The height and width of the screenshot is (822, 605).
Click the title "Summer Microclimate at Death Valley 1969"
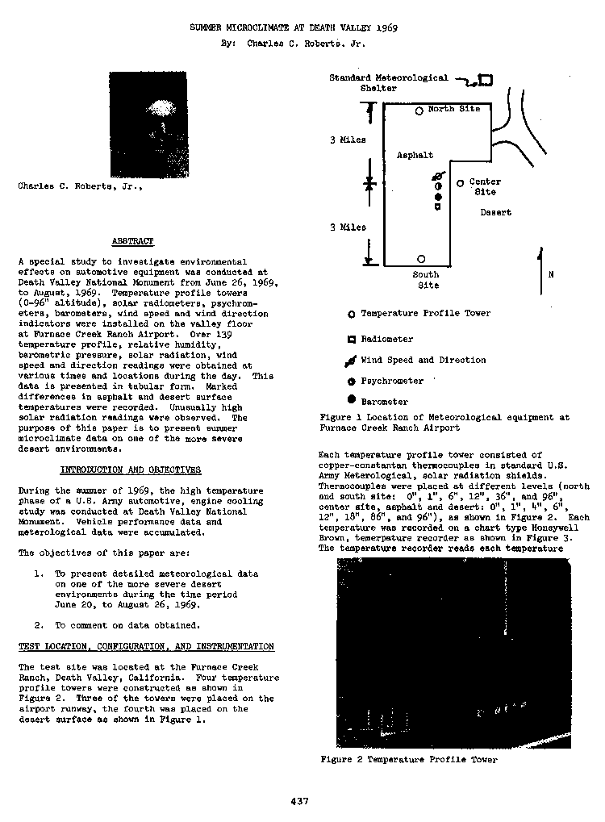(x=294, y=27)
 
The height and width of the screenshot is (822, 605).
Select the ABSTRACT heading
(x=132, y=241)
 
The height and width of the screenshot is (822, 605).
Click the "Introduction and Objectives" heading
(x=131, y=469)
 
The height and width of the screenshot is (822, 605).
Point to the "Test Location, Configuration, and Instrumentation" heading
(x=146, y=646)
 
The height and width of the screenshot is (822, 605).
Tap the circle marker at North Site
(x=419, y=111)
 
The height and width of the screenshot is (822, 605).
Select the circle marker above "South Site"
(x=421, y=259)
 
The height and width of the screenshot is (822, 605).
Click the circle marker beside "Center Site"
(x=460, y=183)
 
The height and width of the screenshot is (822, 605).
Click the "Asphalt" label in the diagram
(x=415, y=155)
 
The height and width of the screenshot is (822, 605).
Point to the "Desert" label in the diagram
(x=495, y=213)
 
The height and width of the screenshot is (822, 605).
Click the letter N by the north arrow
(x=551, y=274)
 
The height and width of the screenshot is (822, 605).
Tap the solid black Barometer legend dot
(x=351, y=400)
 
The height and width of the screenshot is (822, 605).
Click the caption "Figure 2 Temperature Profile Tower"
(x=408, y=759)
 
